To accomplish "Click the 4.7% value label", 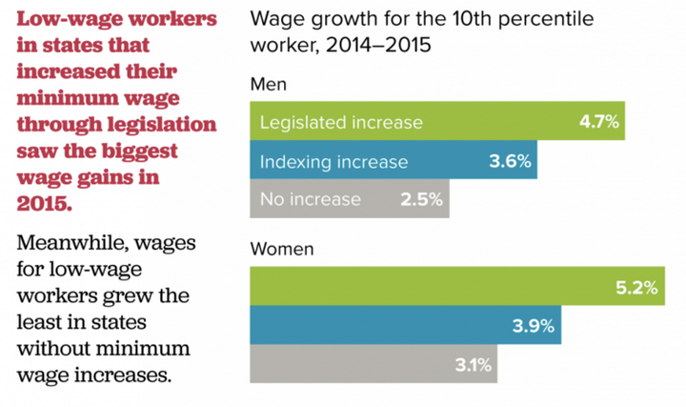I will click(x=600, y=123).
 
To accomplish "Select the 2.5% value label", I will click(x=423, y=199).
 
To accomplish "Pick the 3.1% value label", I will click(x=472, y=364).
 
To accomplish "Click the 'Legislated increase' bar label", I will click(x=340, y=123).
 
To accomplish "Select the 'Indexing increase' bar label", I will click(x=333, y=161).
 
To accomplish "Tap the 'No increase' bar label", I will click(x=310, y=199).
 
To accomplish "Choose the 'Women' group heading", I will click(x=281, y=251).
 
